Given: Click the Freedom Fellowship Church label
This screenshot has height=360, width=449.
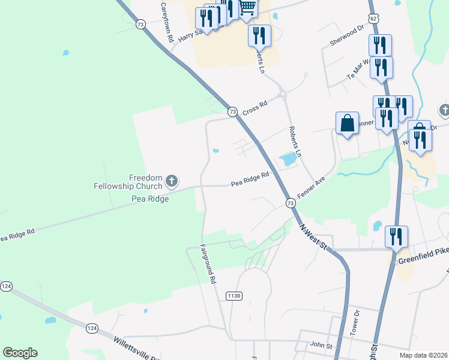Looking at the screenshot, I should pyautogui.click(x=128, y=182).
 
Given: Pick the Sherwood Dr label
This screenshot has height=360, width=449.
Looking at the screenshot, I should pyautogui.click(x=347, y=35).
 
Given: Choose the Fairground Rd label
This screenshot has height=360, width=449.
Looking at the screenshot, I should pyautogui.click(x=208, y=263).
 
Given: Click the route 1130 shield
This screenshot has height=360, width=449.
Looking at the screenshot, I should pyautogui.click(x=234, y=296).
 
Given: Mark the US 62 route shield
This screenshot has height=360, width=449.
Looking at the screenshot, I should pyautogui.click(x=374, y=19).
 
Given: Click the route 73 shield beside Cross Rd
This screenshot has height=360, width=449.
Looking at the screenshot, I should pyautogui.click(x=232, y=112).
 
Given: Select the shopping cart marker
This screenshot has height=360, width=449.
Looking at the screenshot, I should pyautogui.click(x=247, y=8).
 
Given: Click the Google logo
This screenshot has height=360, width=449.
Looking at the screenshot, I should pyautogui.click(x=20, y=353).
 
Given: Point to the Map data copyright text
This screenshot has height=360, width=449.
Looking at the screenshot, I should pyautogui.click(x=423, y=355).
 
